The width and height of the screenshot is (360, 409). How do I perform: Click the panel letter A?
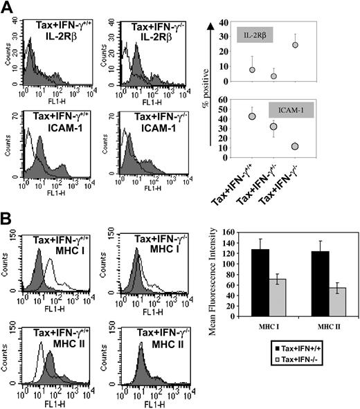coord(10,9)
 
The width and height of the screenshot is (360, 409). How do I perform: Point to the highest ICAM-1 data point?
coord(253,116)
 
